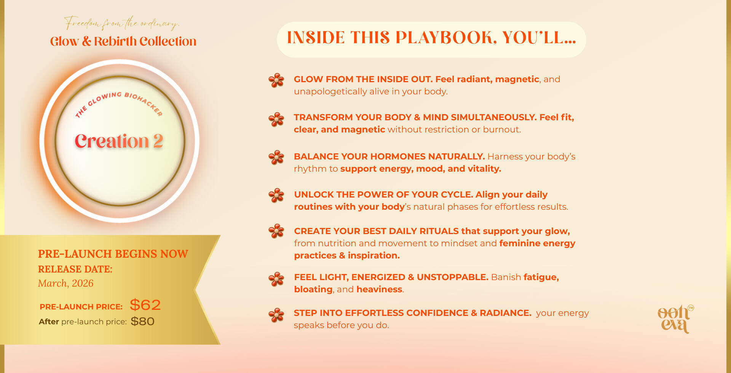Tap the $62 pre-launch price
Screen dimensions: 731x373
click(x=145, y=305)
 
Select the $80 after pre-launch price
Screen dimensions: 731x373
click(x=142, y=322)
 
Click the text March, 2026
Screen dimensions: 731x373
click(x=65, y=284)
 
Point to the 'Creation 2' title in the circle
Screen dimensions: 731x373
click(x=119, y=141)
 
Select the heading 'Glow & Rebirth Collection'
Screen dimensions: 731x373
click(x=123, y=41)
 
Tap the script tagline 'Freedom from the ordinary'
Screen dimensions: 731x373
click(x=121, y=23)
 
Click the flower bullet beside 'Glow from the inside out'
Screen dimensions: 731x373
click(x=276, y=80)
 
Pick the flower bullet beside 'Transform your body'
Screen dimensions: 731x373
click(x=276, y=120)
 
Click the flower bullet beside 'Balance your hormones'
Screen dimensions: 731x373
click(x=276, y=157)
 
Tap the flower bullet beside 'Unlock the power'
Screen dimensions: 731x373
click(x=276, y=196)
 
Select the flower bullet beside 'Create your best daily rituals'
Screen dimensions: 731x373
click(x=276, y=231)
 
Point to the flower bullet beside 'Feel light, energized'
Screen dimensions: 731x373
click(x=276, y=279)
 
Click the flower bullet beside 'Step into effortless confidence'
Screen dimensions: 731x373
click(x=276, y=315)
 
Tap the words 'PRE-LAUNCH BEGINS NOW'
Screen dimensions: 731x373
click(x=113, y=254)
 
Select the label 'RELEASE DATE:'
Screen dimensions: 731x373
click(x=75, y=269)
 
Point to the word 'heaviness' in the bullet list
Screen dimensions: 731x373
click(x=379, y=289)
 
